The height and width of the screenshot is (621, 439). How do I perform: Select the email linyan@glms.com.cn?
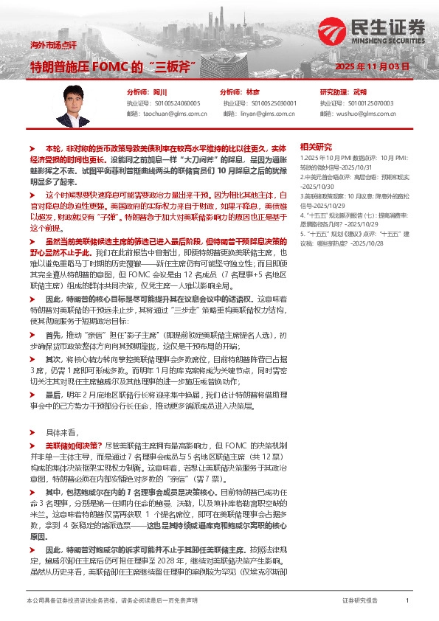[x=269, y=114]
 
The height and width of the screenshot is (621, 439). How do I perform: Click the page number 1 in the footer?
[x=407, y=601]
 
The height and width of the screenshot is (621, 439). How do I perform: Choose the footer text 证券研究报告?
[x=360, y=601]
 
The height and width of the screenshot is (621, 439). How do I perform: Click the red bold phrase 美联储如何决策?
[x=72, y=446]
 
